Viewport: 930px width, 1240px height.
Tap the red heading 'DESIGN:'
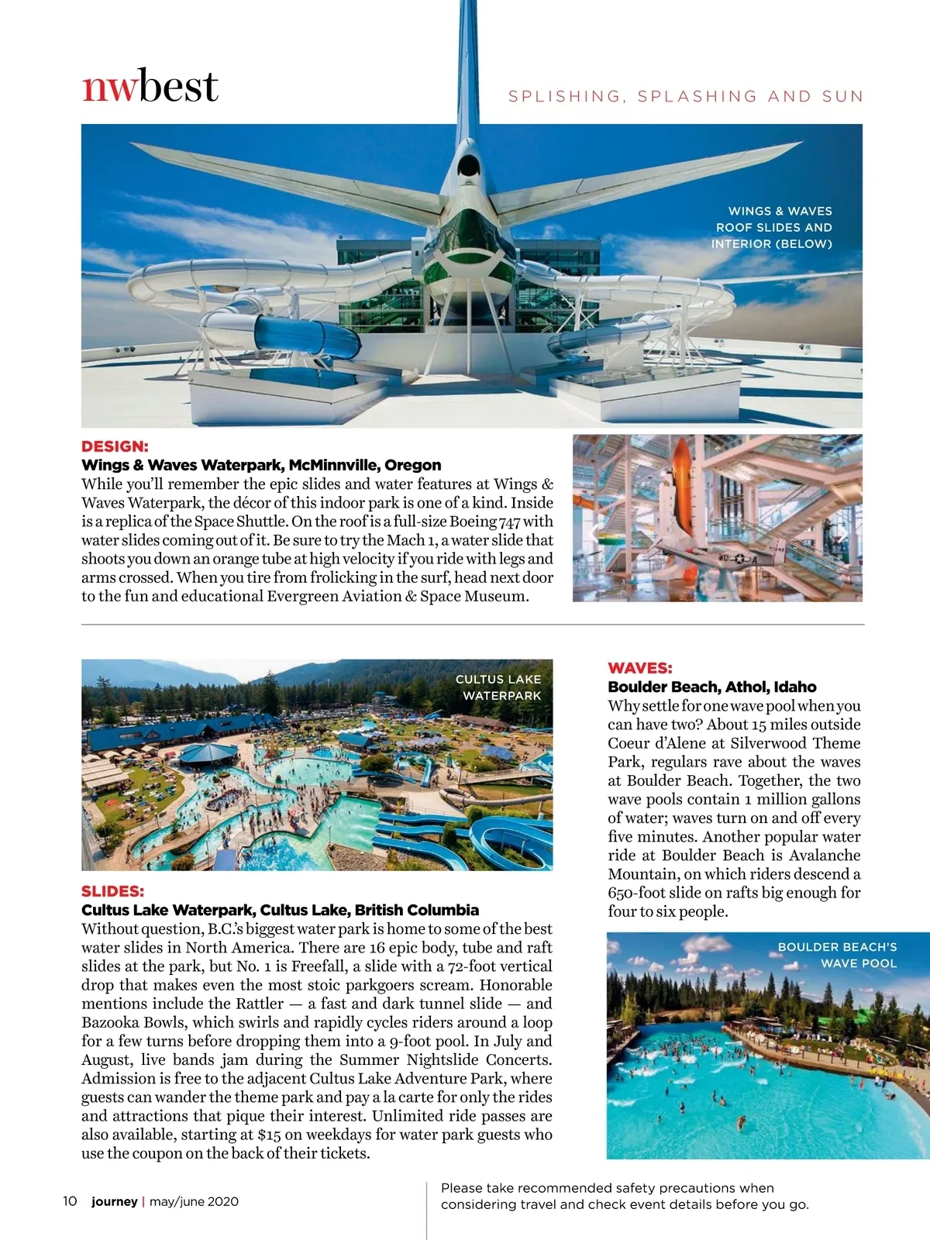point(115,446)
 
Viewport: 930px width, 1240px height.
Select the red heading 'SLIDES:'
point(113,891)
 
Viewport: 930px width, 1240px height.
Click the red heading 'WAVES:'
point(640,668)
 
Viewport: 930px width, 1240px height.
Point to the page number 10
point(70,1201)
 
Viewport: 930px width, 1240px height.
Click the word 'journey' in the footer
point(114,1201)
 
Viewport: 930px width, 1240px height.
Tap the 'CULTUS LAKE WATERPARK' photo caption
point(498,687)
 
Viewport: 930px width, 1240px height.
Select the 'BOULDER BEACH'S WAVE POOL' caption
point(837,955)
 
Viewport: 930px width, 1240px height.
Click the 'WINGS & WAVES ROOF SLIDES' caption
point(772,227)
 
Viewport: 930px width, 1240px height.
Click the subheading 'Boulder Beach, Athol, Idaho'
point(712,687)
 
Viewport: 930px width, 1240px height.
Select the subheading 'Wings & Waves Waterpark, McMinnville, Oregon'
point(261,465)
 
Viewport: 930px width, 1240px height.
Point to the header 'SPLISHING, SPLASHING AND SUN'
point(685,96)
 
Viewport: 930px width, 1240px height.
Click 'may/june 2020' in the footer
point(194,1201)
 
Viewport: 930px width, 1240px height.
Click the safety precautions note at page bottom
point(625,1196)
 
